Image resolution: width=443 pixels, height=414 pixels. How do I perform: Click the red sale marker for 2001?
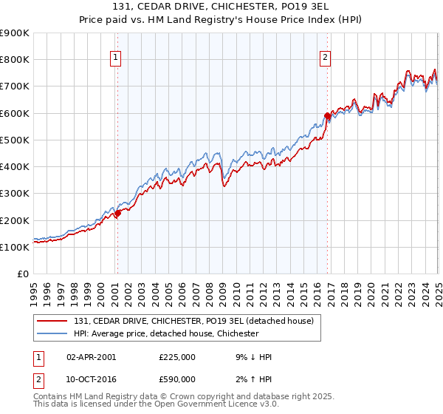tap(117, 214)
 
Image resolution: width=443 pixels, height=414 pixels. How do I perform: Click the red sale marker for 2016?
tap(327, 116)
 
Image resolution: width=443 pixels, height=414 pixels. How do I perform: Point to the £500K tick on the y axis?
tap(15, 140)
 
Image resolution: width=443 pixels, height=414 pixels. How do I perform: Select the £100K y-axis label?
tap(15, 247)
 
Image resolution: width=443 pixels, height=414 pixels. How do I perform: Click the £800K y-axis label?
tap(15, 59)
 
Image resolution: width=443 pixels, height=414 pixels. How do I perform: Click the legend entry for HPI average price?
tap(166, 333)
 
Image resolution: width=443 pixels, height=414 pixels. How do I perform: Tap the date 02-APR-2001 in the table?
tap(91, 357)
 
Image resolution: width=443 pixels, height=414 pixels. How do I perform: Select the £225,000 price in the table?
tap(176, 357)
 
